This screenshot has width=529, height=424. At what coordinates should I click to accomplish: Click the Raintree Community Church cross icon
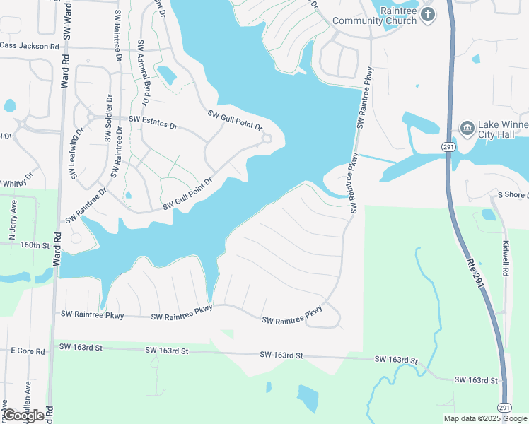click(427, 14)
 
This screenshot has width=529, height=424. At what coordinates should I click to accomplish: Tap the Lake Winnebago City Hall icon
click(467, 128)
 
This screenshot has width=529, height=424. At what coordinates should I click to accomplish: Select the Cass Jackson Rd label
click(30, 46)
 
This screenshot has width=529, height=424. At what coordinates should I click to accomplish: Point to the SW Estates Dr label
click(153, 122)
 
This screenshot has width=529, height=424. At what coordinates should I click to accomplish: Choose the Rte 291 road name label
click(474, 272)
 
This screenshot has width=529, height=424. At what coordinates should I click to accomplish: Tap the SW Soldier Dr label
click(109, 118)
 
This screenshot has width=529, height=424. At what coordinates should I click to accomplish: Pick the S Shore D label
click(513, 194)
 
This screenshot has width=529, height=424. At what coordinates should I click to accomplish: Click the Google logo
click(23, 416)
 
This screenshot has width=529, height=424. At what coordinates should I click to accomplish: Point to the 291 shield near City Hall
click(448, 146)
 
